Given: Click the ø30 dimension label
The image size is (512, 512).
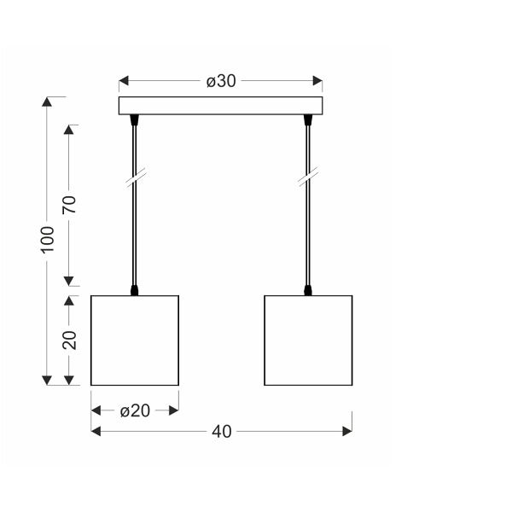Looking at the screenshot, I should tap(221, 82).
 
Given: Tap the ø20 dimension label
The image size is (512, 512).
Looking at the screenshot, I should tap(135, 410).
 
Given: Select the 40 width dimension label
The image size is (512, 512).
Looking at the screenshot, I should tap(221, 432).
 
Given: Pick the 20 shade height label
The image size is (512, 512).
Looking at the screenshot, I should tap(70, 340).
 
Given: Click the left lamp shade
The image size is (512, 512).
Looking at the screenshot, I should tap(135, 340).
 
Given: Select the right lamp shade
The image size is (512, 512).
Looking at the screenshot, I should tap(308, 340).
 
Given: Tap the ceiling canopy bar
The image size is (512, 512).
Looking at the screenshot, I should tap(221, 107).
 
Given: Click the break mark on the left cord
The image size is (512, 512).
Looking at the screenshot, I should tap(134, 180).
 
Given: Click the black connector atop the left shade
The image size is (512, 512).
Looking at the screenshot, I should tap(135, 291).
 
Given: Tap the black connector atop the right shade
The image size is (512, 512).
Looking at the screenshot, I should tap(308, 291).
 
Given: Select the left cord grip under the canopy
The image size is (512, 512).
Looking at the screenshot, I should tap(134, 122).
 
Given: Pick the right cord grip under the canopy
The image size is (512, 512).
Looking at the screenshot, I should tap(308, 122).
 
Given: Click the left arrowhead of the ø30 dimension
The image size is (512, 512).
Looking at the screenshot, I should tap(123, 82).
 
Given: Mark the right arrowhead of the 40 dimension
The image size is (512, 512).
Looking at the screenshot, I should tap(347, 432).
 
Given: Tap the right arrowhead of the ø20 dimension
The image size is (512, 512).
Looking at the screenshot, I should tap(174, 410).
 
